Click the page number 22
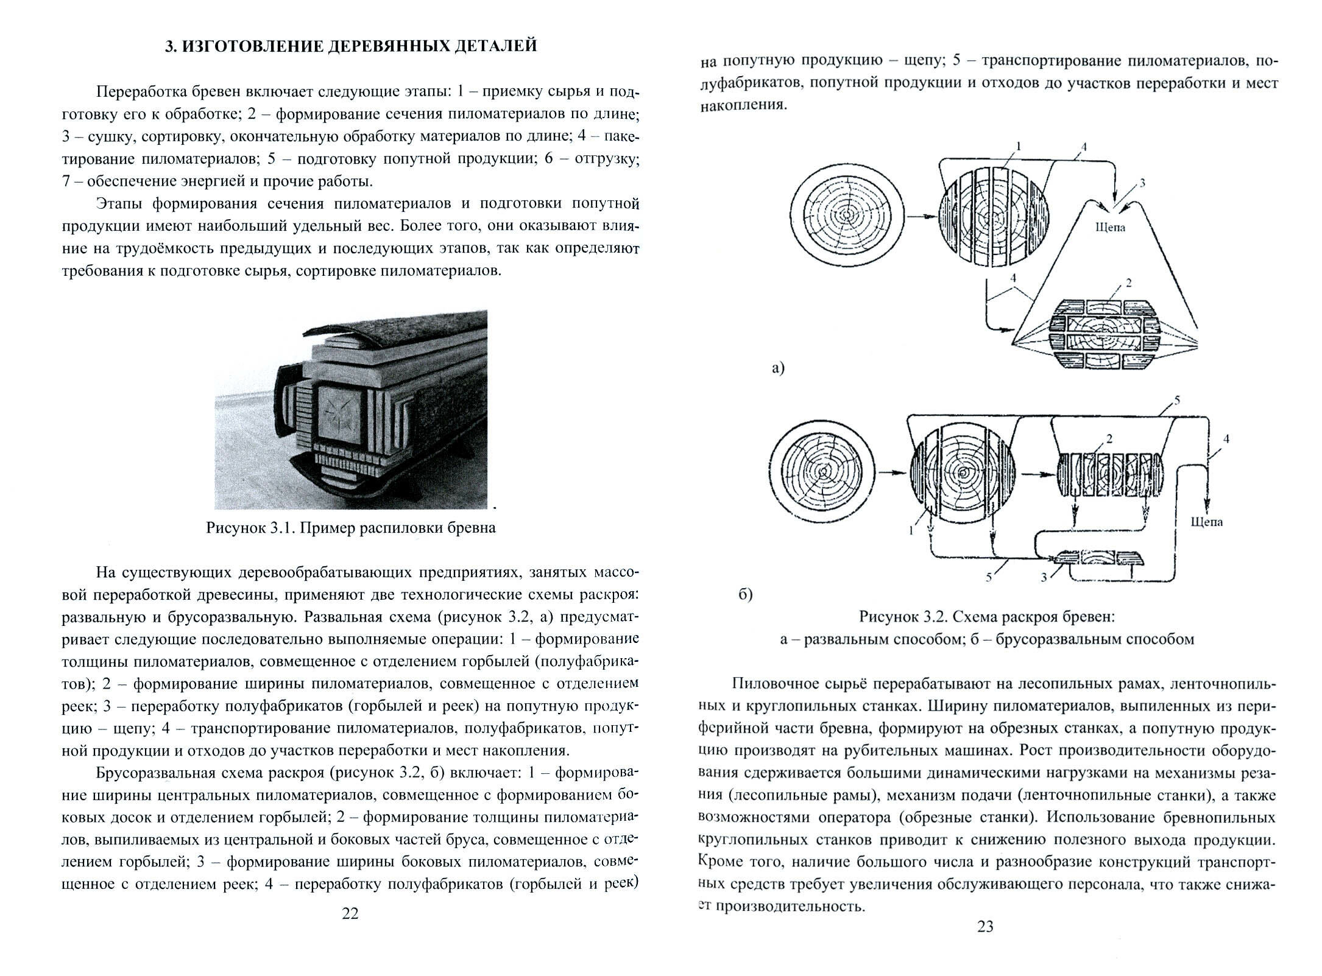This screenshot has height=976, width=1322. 350,913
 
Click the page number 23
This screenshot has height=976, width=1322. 985,944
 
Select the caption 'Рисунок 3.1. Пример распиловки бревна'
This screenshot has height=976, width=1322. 350,528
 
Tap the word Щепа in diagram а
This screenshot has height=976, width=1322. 1110,228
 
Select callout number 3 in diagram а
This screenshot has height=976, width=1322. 1142,182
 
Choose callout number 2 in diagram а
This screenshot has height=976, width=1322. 1129,283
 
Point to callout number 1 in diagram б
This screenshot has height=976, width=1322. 911,530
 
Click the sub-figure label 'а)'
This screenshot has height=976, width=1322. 778,367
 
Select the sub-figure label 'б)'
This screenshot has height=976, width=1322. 746,594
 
